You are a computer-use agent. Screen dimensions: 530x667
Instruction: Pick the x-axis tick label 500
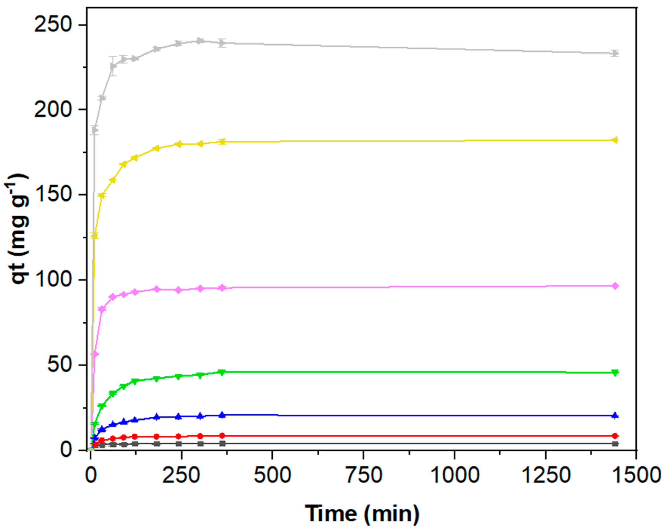[x=272, y=475]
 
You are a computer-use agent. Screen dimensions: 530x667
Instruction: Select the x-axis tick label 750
[x=363, y=475]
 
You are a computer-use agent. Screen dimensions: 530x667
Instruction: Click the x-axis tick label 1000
[x=454, y=475]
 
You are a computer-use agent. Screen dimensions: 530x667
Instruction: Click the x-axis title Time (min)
[x=362, y=514]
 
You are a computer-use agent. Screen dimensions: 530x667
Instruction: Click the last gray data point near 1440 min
[x=615, y=54]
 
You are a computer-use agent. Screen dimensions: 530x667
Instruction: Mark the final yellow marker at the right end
[x=615, y=140]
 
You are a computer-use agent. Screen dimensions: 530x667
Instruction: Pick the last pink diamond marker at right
[x=615, y=286]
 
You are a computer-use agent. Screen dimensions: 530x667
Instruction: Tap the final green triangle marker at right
[x=615, y=373]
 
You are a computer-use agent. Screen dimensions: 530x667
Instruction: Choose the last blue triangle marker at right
[x=615, y=416]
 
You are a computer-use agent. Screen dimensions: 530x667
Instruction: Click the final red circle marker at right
[x=615, y=436]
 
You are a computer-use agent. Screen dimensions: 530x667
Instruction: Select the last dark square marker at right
[x=615, y=444]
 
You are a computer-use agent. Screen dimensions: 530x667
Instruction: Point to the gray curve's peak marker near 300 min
[x=200, y=41]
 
